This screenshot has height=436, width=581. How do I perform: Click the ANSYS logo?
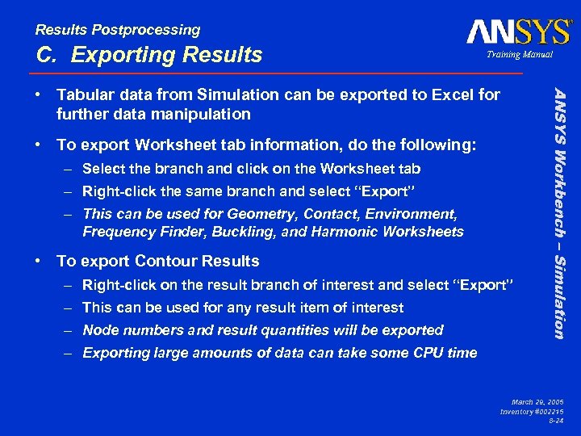click(x=518, y=31)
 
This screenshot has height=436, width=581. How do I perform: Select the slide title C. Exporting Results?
click(x=149, y=55)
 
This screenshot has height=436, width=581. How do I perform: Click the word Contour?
click(x=165, y=261)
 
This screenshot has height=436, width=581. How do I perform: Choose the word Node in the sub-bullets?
click(x=100, y=330)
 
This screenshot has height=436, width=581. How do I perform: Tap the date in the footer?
click(x=537, y=401)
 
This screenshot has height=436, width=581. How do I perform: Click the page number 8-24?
click(x=555, y=421)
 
